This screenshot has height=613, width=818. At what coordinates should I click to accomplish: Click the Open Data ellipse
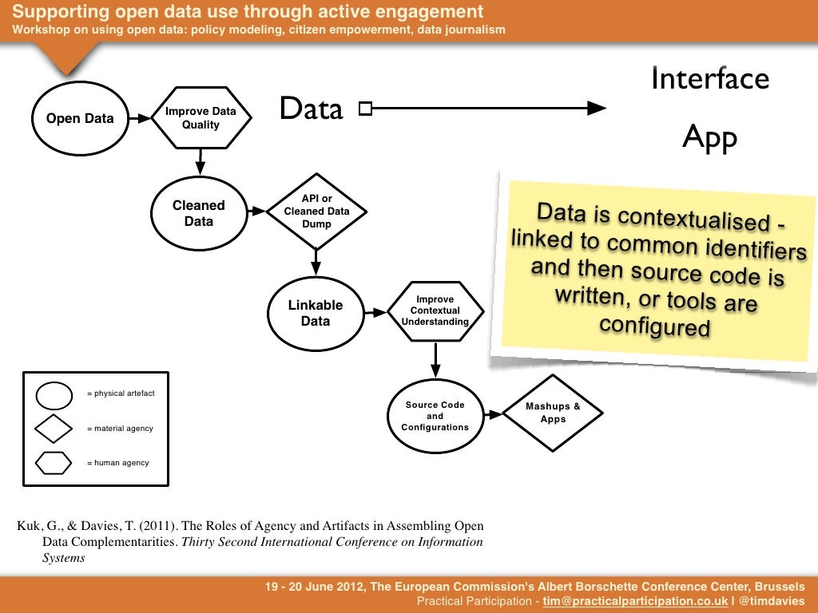click(80, 119)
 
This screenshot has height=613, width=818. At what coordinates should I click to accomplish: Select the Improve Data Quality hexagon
click(201, 118)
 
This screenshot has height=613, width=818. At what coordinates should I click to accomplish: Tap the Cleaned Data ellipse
click(198, 213)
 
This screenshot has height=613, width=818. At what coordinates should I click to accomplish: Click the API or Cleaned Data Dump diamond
click(316, 212)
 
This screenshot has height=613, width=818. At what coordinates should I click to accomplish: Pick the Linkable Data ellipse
click(316, 313)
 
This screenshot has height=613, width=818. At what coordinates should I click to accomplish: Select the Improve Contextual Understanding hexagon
click(435, 311)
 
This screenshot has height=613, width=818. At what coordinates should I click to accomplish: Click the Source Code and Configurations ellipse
click(435, 416)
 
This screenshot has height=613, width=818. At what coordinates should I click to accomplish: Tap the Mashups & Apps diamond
click(553, 413)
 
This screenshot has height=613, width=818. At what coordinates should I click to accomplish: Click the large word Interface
click(710, 79)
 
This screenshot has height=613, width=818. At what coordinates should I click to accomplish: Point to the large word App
click(709, 138)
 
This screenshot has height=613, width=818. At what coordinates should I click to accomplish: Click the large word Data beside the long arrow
click(311, 109)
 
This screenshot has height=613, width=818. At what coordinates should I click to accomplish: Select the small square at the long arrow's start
click(365, 109)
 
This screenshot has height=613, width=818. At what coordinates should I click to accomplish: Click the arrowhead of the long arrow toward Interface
click(598, 109)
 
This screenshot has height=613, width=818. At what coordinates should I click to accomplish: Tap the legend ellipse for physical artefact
click(55, 394)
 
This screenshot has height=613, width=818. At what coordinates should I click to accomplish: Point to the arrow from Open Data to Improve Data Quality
click(140, 118)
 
